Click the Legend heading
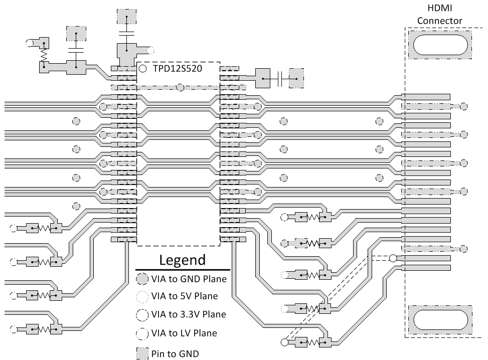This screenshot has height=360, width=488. [182, 260]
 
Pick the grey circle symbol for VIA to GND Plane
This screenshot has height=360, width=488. [142, 279]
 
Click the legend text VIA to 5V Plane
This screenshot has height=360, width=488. [185, 296]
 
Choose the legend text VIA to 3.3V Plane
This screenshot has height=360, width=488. [188, 315]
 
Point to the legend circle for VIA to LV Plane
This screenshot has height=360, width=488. [142, 333]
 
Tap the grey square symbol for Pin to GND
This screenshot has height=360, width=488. [142, 353]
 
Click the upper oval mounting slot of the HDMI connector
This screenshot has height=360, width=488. [439, 45]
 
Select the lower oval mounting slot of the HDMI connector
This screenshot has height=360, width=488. [439, 319]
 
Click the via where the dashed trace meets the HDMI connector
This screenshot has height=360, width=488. [393, 258]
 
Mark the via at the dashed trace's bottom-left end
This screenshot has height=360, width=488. [284, 343]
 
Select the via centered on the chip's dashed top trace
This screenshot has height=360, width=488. [179, 87]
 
